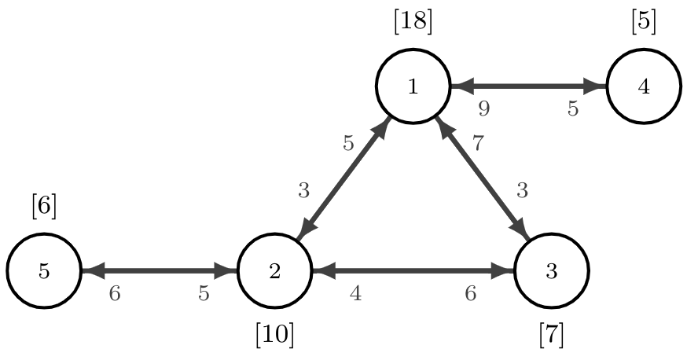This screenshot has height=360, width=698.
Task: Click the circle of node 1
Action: tap(413, 86)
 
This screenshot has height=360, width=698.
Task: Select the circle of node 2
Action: tap(274, 271)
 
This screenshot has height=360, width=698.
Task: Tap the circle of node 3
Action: tap(551, 271)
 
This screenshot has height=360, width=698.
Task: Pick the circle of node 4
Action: tap(644, 86)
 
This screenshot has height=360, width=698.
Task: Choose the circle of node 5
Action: tap(44, 271)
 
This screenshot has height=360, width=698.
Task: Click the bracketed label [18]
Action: tap(413, 21)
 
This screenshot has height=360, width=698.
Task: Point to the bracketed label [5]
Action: tap(643, 21)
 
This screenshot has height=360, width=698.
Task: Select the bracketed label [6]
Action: tap(44, 206)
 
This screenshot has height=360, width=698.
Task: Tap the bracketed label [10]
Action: tap(274, 336)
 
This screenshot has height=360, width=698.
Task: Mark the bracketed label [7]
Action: tap(551, 336)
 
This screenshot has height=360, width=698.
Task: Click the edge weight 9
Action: tap(484, 109)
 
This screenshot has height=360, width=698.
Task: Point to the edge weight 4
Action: tap(355, 294)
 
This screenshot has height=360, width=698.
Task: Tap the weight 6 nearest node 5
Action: tap(115, 294)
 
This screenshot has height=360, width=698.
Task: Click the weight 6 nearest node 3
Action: tap(471, 294)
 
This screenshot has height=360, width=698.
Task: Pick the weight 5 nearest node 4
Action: tap(573, 109)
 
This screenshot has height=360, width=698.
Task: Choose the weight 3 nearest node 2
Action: tap(303, 190)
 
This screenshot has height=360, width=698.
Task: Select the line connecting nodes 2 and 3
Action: tap(413, 271)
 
